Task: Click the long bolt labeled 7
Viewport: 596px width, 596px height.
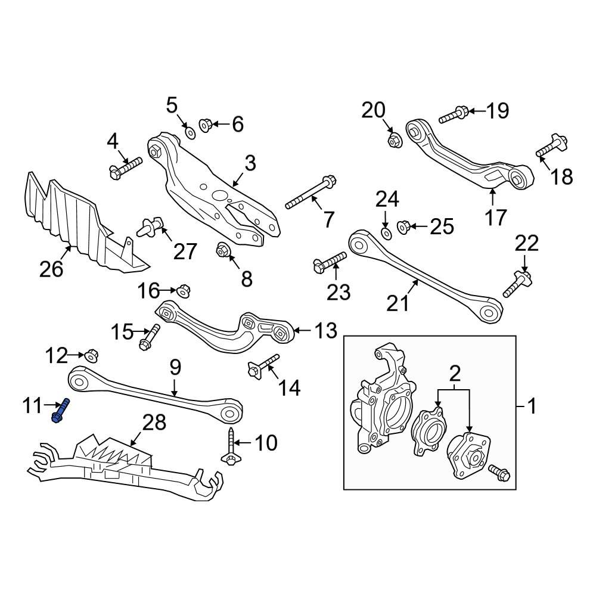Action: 311,193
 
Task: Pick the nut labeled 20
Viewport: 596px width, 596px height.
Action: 394,141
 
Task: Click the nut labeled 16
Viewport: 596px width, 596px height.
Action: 182,291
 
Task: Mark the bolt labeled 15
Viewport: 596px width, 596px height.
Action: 150,336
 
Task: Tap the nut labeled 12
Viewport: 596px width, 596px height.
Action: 91,356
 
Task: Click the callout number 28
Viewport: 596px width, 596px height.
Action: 154,424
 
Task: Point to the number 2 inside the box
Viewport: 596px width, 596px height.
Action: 455,374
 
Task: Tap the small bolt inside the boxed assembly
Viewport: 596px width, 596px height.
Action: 498,474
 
